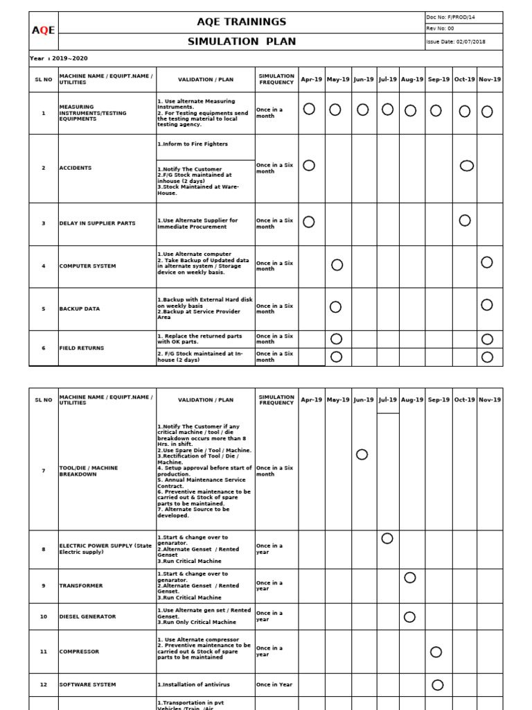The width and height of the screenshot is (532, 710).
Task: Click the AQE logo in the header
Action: (44, 30)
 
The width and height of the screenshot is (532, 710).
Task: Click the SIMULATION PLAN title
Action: (242, 42)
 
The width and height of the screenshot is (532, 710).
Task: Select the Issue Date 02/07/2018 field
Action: (456, 42)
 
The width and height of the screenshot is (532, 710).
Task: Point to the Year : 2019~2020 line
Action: (59, 58)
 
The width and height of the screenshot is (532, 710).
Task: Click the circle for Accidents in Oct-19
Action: (467, 165)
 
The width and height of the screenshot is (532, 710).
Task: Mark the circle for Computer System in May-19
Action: (337, 264)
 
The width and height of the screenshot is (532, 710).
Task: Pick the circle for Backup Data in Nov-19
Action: (487, 304)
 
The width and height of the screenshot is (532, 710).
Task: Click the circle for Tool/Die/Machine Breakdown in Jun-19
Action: (362, 454)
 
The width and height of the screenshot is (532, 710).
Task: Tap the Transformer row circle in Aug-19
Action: (410, 578)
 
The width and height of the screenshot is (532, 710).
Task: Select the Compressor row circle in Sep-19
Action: (436, 652)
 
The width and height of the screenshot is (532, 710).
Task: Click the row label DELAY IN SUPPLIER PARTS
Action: (98, 223)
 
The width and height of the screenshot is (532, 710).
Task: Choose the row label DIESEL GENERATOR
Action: (88, 616)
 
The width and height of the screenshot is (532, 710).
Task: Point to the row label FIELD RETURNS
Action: (82, 348)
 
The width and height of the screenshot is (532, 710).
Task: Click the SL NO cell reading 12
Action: (44, 684)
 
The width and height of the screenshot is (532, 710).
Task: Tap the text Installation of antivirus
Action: (193, 684)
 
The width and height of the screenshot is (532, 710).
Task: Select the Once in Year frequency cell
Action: (274, 684)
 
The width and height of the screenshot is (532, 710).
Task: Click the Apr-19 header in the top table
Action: (311, 79)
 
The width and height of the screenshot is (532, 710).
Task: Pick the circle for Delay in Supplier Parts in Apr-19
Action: (309, 222)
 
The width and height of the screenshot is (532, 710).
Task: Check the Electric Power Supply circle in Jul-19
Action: (387, 539)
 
